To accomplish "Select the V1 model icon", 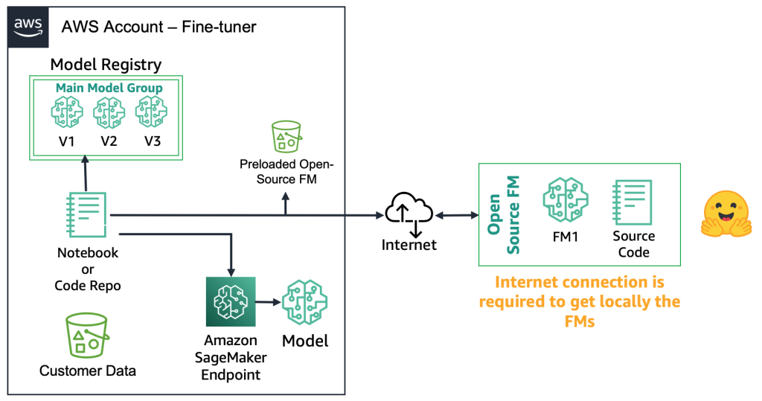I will [66, 113].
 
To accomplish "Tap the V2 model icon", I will [108, 113].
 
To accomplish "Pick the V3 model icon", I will [150, 113].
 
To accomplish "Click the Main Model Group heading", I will [109, 88].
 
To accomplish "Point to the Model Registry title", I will [106, 65].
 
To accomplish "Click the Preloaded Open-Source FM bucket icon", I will [286, 138].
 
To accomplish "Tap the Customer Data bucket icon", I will [86, 336].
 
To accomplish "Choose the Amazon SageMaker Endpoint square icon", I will [231, 302].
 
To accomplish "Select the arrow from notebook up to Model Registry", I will [86, 173].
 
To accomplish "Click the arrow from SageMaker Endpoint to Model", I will [267, 302].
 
